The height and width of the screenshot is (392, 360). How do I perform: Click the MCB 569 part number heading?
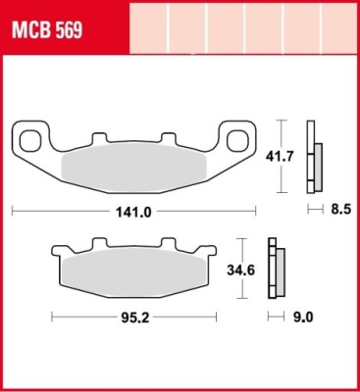(47, 31)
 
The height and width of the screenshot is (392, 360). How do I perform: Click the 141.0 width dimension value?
(133, 213)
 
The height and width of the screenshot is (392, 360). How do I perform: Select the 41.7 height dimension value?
(279, 157)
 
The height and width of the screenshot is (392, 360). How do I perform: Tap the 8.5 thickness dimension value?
(340, 209)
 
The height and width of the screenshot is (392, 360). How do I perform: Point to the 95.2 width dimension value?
(135, 318)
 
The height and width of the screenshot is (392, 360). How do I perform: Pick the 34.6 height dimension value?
(241, 270)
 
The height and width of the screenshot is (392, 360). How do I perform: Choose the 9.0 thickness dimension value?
(303, 317)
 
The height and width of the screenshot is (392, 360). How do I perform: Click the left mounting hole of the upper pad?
(30, 141)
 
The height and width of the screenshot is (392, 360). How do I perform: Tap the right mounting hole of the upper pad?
(236, 141)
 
